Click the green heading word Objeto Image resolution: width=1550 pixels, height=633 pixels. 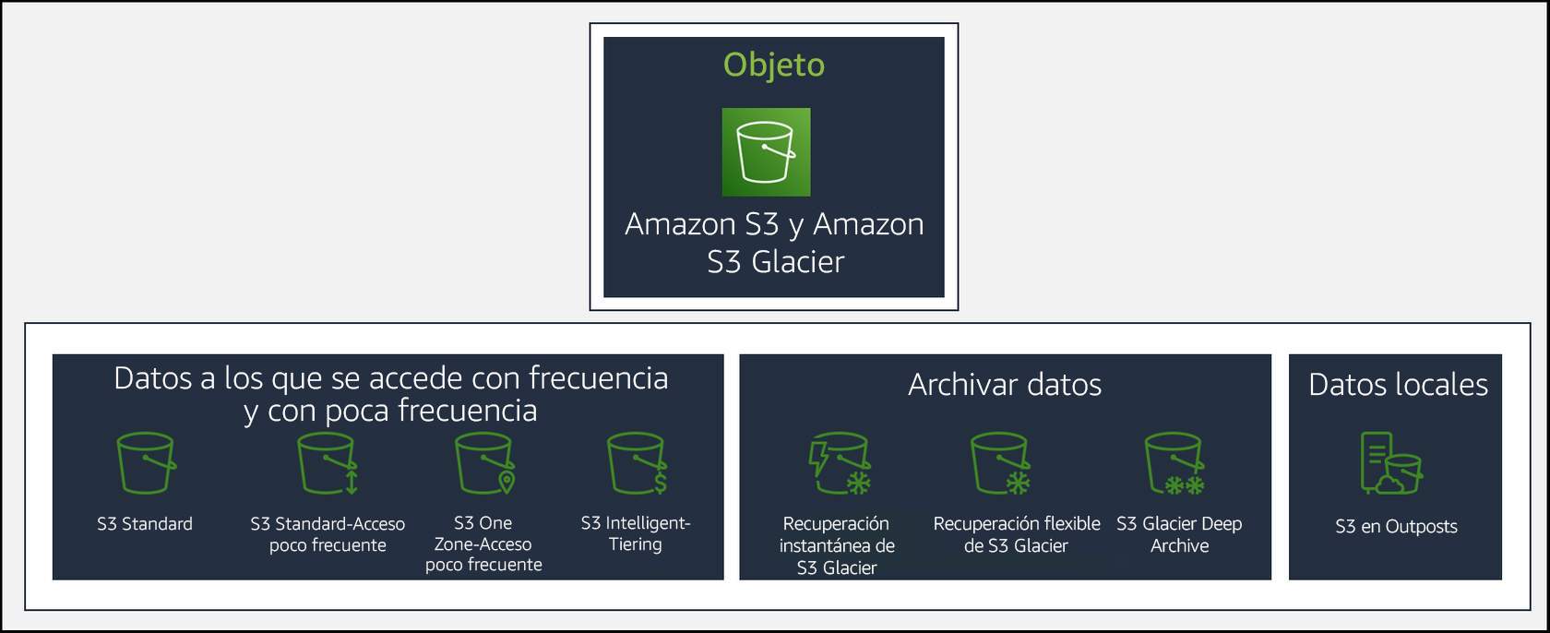[773, 65]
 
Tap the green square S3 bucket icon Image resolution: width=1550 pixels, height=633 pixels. [766, 152]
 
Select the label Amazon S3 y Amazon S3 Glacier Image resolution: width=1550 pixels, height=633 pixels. [774, 243]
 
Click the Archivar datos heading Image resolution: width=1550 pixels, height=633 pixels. [1005, 384]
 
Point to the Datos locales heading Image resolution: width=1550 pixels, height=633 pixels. [1398, 384]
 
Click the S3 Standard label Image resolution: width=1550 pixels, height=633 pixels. [145, 524]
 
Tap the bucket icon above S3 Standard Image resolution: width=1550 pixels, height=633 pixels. [146, 463]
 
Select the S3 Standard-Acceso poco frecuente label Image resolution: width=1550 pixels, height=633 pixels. [328, 534]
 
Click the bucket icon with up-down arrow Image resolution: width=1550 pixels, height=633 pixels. [328, 463]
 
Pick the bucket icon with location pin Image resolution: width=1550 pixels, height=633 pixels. [484, 463]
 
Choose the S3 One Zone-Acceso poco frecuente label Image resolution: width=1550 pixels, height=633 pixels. [483, 543]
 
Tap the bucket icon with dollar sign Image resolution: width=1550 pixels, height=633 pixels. [637, 463]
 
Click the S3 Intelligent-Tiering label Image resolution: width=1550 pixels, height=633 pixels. [636, 533]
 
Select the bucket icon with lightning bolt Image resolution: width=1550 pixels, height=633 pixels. [839, 464]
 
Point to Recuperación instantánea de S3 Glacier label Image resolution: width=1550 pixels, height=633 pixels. [837, 545]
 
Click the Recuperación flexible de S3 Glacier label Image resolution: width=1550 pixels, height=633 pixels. [1017, 534]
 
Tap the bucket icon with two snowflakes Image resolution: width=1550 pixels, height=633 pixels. [1174, 464]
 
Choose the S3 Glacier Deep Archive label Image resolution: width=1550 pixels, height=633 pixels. [1179, 534]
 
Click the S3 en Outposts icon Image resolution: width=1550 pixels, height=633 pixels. [1391, 463]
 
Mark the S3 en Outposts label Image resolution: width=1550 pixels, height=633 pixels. [1396, 527]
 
